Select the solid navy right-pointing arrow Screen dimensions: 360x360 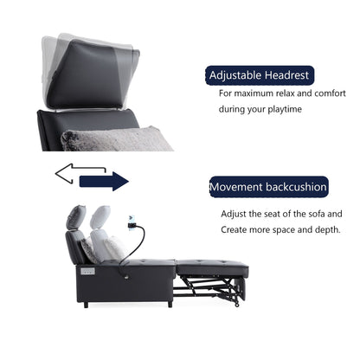pos(103,181)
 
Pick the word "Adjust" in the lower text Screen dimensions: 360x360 pos(234,213)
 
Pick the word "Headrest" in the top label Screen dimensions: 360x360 pos(284,75)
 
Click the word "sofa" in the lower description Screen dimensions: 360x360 pos(318,213)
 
